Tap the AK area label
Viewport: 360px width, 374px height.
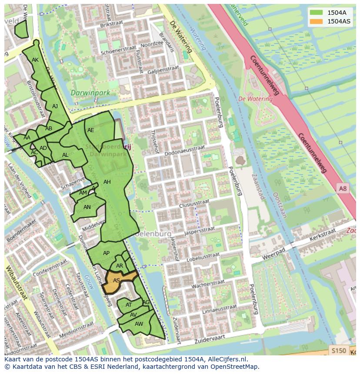[35, 60]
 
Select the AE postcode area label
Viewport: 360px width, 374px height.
[90, 130]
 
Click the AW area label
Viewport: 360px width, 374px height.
[139, 324]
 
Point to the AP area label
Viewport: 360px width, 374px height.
[106, 253]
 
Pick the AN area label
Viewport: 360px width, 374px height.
[87, 207]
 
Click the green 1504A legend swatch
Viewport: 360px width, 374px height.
[316, 13]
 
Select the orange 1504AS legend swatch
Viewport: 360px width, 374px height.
[316, 21]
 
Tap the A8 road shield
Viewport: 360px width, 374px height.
[343, 188]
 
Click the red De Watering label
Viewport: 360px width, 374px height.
[255, 99]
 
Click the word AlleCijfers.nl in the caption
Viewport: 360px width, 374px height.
[228, 359]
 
